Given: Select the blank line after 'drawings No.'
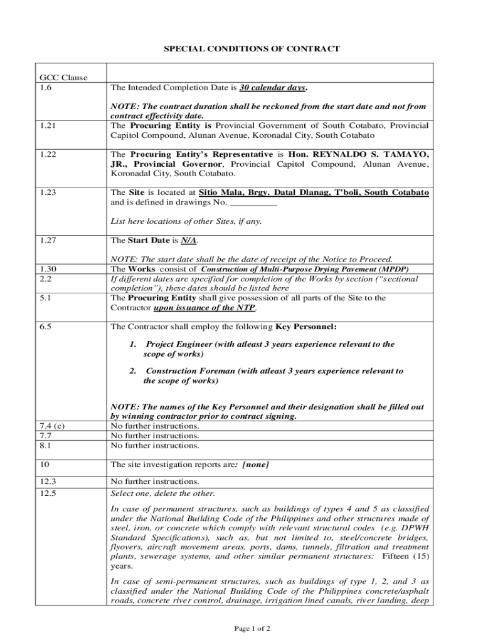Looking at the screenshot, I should tap(253, 203).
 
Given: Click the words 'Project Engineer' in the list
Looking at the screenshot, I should tap(179, 344).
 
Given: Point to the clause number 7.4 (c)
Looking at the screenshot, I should tap(51, 426).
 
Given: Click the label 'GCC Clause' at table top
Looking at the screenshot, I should tap(61, 78).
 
